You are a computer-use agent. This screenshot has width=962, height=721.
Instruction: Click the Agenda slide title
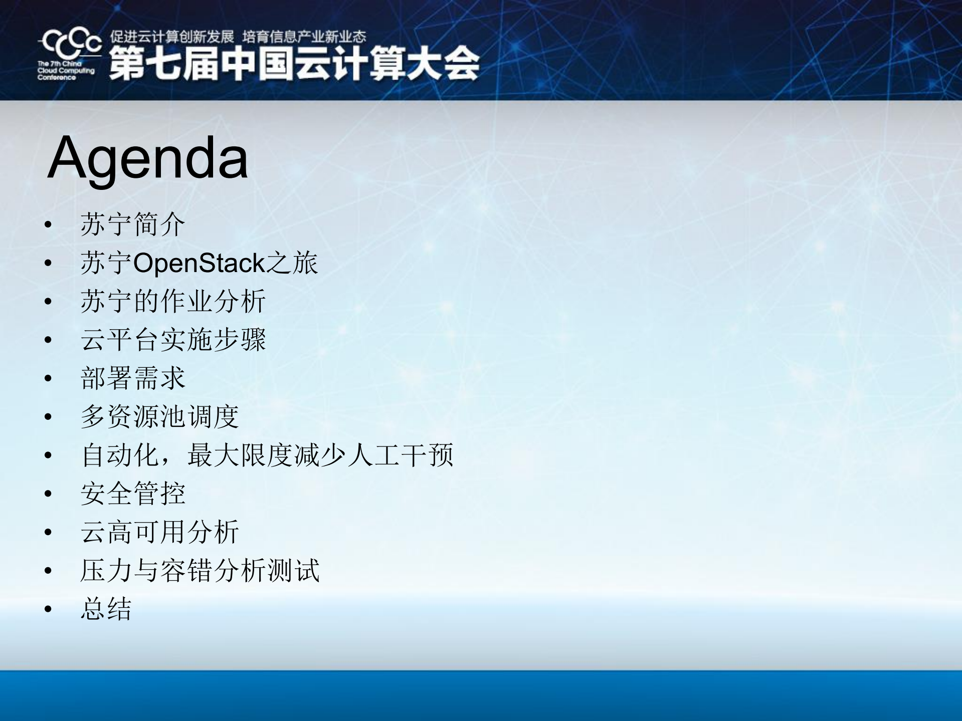148,158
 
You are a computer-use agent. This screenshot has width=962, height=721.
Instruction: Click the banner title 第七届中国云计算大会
294,64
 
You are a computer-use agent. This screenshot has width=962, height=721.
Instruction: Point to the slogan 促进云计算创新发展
172,37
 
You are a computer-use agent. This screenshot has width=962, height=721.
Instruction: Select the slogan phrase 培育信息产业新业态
304,37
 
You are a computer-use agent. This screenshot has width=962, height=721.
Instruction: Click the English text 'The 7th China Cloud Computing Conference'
65,71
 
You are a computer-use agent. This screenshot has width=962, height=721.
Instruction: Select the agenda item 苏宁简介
133,224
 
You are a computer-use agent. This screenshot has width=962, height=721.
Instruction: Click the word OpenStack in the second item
199,263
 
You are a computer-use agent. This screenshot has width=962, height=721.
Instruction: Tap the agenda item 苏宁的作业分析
173,301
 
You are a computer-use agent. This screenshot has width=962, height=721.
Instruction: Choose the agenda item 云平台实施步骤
173,340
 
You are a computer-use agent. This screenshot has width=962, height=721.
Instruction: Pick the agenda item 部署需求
133,378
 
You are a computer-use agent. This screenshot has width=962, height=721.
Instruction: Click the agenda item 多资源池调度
159,416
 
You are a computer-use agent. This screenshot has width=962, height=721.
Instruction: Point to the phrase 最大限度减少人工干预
320,455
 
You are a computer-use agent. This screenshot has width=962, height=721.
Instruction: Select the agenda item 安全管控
133,494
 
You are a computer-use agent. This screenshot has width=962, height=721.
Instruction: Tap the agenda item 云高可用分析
159,532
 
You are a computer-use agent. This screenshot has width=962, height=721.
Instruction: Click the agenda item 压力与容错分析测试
200,570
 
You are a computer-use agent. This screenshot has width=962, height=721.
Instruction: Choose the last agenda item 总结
106,609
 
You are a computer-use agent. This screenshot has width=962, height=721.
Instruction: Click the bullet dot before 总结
48,609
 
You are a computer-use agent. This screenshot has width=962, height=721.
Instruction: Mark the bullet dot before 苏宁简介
48,224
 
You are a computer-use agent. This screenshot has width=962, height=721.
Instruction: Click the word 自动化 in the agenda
119,455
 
